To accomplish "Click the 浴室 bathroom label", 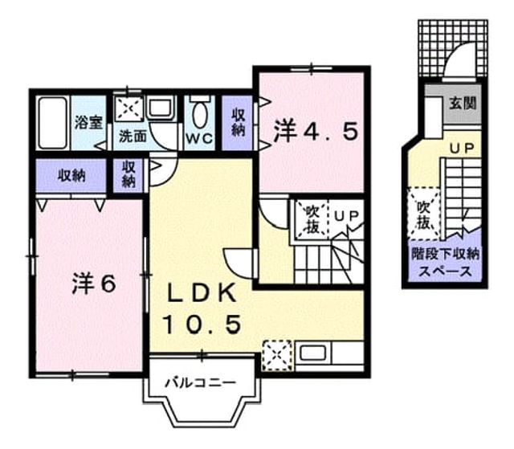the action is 88,123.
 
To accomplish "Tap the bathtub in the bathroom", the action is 53,123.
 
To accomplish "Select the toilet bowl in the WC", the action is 200,113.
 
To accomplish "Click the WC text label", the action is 199,139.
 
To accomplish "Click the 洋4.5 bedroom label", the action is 315,132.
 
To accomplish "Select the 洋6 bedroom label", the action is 94,284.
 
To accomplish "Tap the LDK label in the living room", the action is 202,292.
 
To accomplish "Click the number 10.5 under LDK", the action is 202,325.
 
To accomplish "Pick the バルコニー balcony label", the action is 200,382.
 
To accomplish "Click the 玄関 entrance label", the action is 463,104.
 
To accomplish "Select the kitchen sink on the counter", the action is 312,353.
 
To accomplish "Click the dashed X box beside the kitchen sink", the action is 277,356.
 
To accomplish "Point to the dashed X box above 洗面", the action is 128,108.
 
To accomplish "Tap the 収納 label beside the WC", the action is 238,122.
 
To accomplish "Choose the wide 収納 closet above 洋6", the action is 71,176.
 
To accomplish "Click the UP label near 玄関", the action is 462,149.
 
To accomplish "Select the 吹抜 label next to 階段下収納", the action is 423,214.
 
